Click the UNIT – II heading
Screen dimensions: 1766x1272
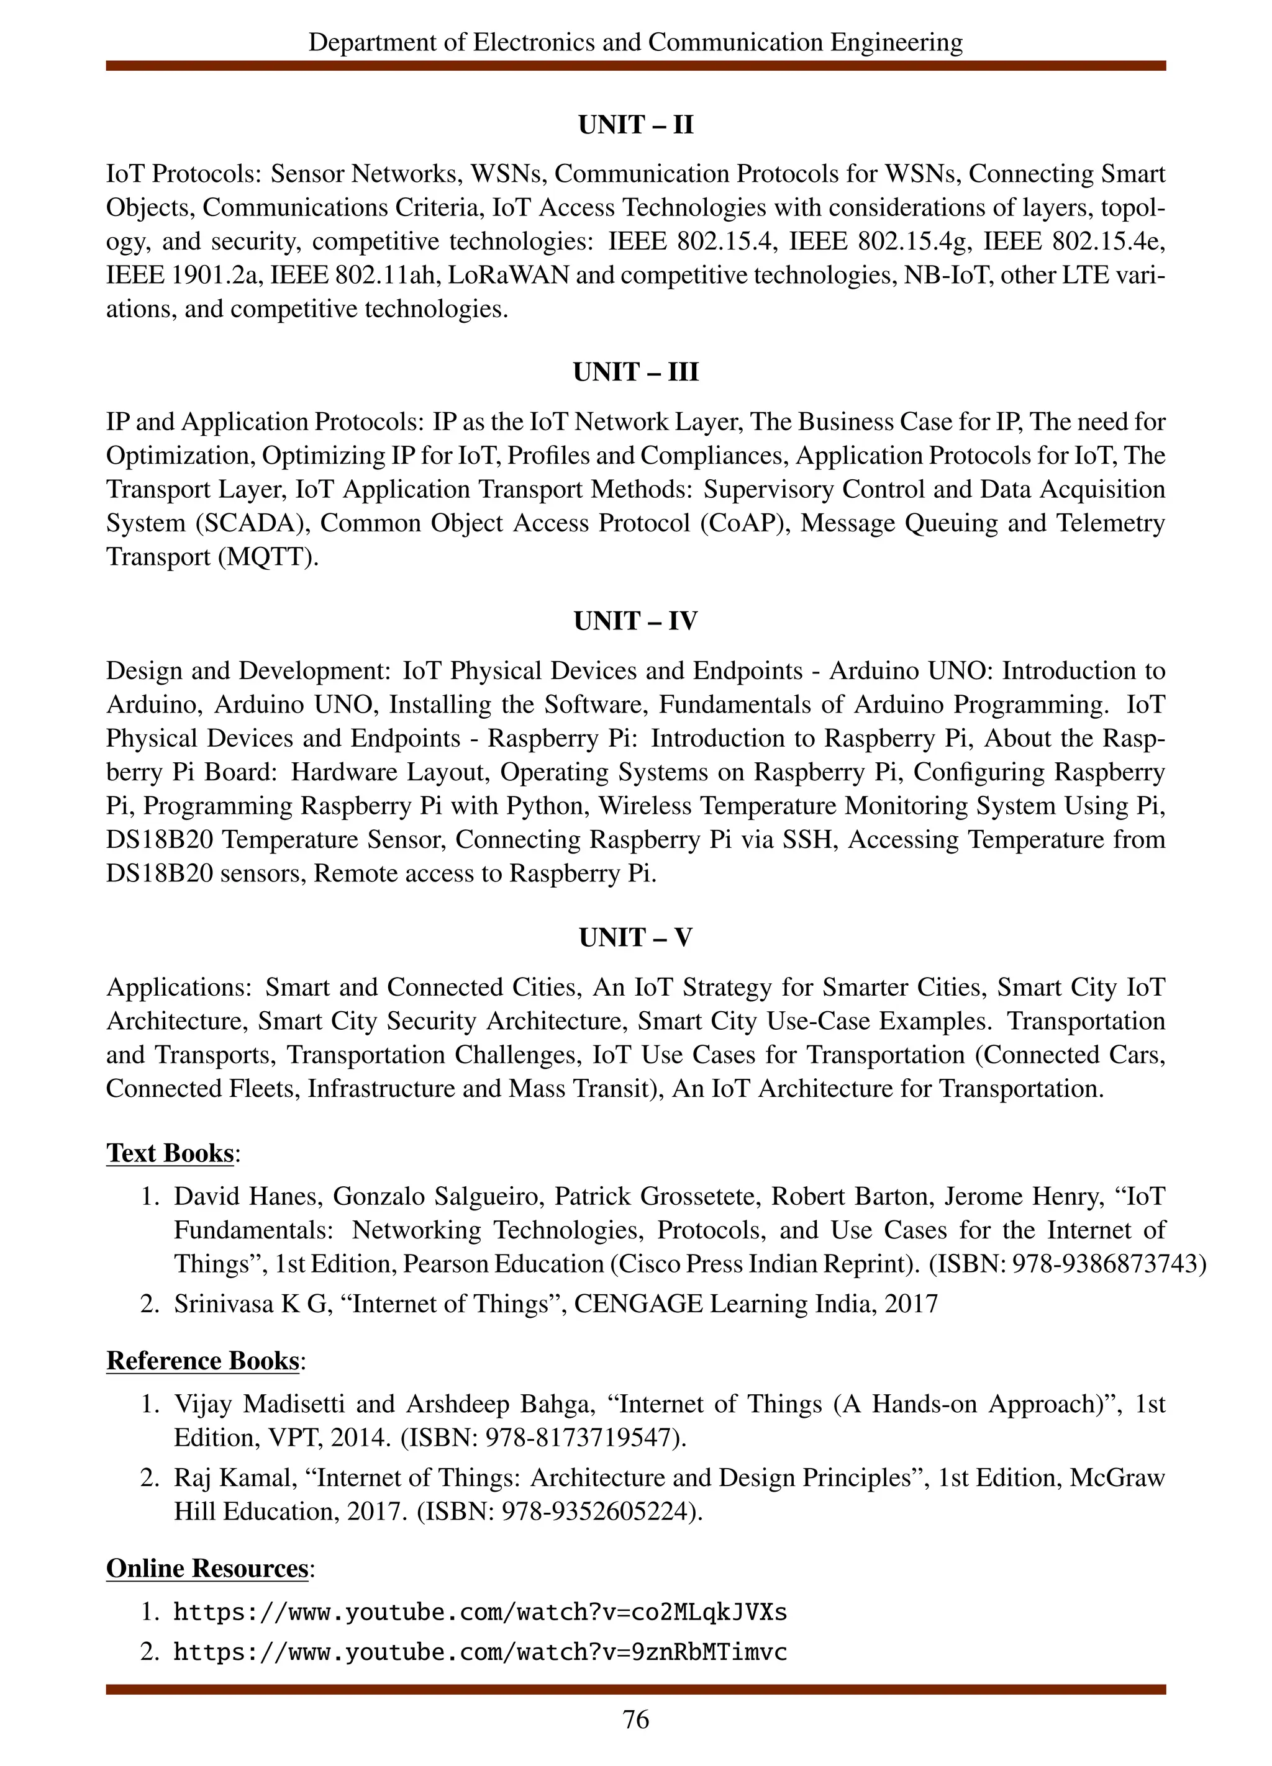pyautogui.click(x=635, y=125)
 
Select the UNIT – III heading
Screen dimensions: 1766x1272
pyautogui.click(x=635, y=372)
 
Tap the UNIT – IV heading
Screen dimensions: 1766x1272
pyautogui.click(x=635, y=621)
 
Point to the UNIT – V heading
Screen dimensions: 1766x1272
pyautogui.click(x=635, y=937)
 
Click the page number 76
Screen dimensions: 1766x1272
pyautogui.click(x=635, y=1719)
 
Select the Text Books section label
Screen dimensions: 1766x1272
pyautogui.click(x=170, y=1153)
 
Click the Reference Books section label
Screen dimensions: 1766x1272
pyautogui.click(x=202, y=1360)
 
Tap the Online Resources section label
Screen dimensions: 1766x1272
pyautogui.click(x=207, y=1567)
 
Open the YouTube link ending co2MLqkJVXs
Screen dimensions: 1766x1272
pyautogui.click(x=480, y=1611)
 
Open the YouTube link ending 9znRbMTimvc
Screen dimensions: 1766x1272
pyautogui.click(x=480, y=1652)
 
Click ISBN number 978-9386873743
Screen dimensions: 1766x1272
pyautogui.click(x=1106, y=1263)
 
